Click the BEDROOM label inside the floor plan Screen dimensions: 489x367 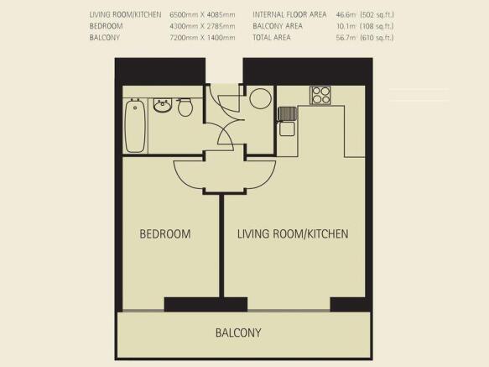pos(165,234)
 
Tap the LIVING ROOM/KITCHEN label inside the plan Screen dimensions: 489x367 pos(293,234)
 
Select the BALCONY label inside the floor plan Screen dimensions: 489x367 pos(238,333)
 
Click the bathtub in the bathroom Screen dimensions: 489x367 pos(135,126)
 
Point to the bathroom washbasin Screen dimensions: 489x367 pos(162,106)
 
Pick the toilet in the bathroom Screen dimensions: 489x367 pos(185,107)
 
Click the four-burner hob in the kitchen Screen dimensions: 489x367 pos(320,95)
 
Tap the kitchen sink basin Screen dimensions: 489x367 pos(287,128)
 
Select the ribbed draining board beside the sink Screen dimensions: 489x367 pos(287,113)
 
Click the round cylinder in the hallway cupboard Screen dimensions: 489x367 pos(260,98)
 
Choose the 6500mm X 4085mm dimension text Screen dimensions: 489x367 pos(202,14)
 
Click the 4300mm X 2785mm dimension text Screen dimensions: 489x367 pos(202,26)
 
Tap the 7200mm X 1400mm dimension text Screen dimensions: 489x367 pos(202,38)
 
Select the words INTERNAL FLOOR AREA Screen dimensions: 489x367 pos(289,14)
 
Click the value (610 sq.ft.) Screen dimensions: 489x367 pos(377,38)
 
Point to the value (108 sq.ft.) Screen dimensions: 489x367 pos(377,26)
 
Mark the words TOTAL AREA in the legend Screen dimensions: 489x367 pos(272,38)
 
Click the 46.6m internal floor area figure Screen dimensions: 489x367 pos(346,14)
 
